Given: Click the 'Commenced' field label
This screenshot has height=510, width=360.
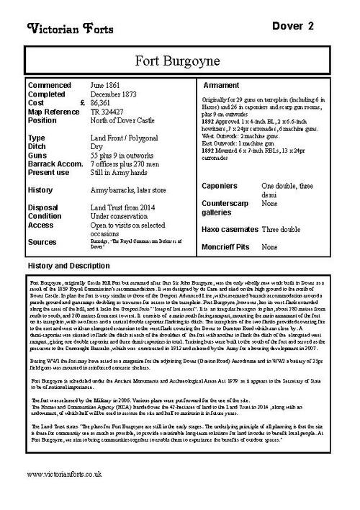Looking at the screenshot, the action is point(50,84).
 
